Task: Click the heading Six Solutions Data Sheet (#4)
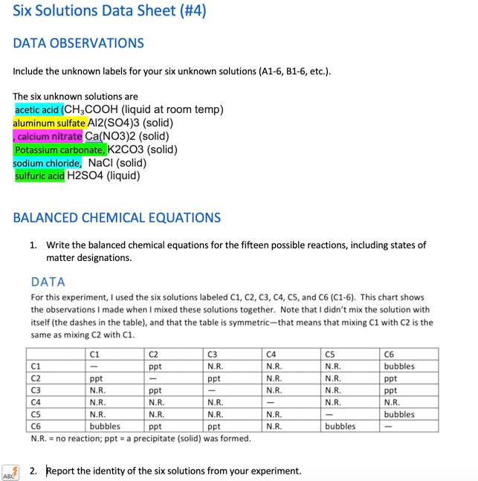click(109, 11)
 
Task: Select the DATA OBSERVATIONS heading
click(78, 43)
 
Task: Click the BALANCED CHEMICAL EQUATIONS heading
click(117, 218)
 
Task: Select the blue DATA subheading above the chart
click(48, 282)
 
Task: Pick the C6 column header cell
click(390, 355)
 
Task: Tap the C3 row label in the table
click(36, 390)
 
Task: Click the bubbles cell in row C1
click(399, 367)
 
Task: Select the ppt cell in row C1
click(155, 367)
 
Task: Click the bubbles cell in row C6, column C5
click(340, 427)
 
